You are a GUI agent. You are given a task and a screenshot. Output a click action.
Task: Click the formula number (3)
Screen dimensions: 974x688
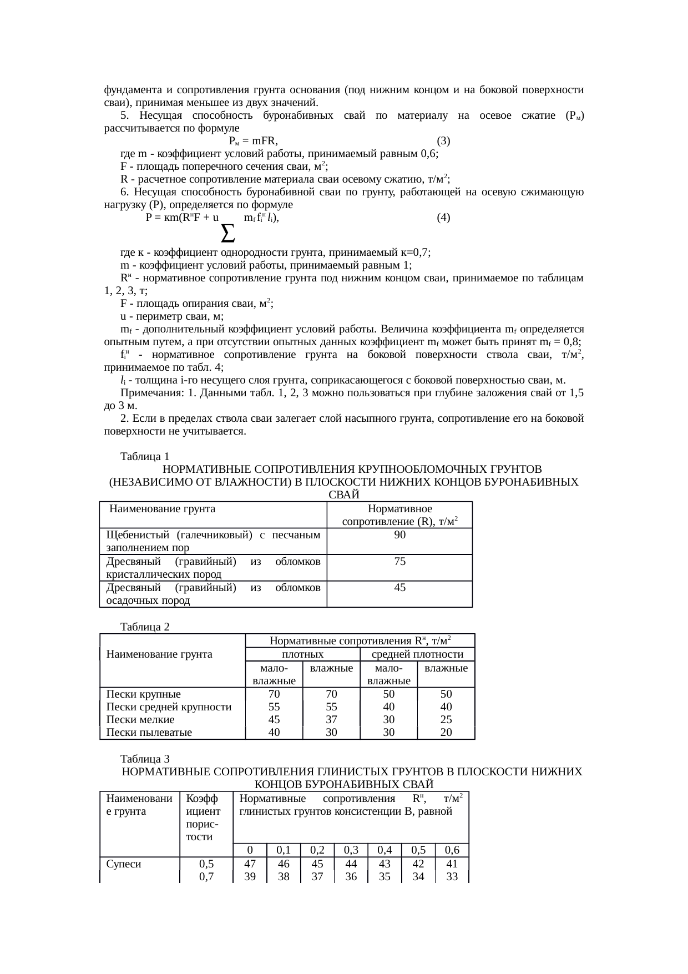coord(443,140)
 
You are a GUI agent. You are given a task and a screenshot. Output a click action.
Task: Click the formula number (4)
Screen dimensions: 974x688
coord(443,218)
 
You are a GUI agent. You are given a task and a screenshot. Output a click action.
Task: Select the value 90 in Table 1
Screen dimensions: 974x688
coord(399,535)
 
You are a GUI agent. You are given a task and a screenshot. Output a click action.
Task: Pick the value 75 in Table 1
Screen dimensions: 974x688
coord(399,562)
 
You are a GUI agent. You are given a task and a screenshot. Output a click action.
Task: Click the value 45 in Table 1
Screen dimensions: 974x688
coord(399,588)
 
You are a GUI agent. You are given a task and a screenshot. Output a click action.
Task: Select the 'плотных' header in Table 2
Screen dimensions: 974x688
coord(302,655)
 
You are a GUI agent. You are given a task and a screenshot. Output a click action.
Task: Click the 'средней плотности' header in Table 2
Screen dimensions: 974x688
coord(417,655)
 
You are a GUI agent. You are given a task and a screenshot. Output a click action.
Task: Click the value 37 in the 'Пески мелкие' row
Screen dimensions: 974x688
coord(331,720)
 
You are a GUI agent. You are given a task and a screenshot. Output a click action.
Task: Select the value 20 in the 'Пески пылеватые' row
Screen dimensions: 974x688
coord(446,733)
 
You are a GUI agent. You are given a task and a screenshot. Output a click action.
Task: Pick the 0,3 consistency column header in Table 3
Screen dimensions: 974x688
coord(351,850)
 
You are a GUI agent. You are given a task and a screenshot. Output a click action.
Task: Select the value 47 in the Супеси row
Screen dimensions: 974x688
coord(250,864)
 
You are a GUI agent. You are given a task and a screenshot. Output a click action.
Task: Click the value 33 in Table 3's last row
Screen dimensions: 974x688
coord(452,877)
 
